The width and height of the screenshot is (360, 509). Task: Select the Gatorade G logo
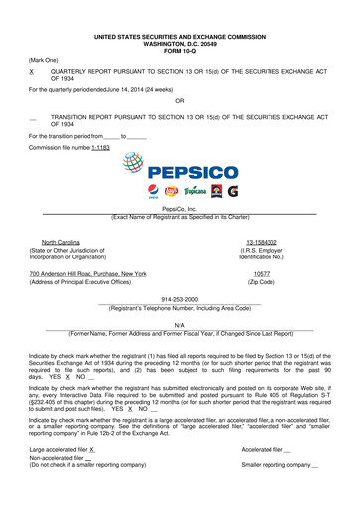(231, 189)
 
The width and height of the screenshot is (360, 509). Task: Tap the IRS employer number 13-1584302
(261, 242)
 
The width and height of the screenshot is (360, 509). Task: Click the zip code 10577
(262, 273)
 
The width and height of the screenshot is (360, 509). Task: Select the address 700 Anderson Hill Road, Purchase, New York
(88, 273)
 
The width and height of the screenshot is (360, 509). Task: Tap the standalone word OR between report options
(179, 101)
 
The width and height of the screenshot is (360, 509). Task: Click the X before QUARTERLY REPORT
(33, 73)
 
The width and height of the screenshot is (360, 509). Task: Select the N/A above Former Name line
(179, 324)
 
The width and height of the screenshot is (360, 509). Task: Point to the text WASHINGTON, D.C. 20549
(179, 42)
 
